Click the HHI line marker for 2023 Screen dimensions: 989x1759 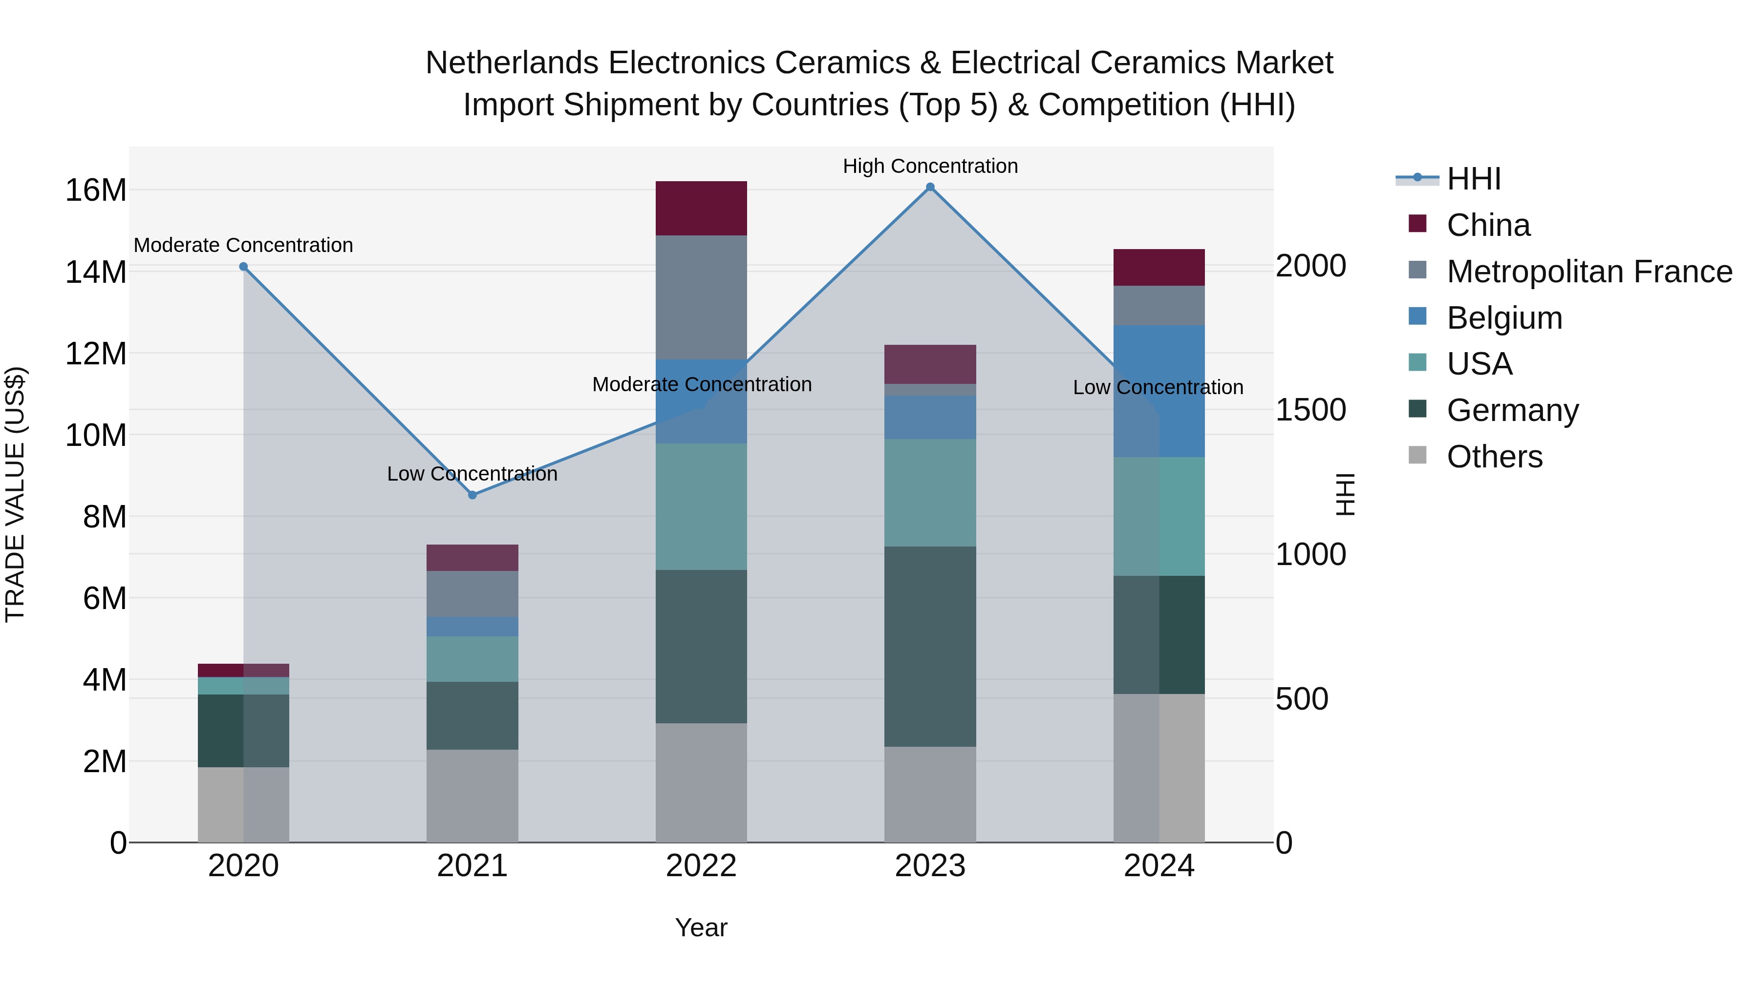click(x=930, y=187)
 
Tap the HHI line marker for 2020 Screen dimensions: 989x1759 click(x=244, y=267)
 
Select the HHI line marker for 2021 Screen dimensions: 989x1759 click(x=472, y=495)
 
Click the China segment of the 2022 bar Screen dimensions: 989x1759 click(x=701, y=208)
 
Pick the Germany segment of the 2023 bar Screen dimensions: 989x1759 click(x=930, y=646)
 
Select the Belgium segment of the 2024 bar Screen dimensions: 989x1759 click(x=1159, y=391)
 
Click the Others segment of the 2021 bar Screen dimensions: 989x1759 click(x=472, y=796)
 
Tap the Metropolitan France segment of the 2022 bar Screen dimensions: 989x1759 click(x=701, y=297)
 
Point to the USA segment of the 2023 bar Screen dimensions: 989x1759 click(x=930, y=492)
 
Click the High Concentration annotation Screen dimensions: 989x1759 click(x=930, y=167)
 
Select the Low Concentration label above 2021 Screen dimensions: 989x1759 click(x=472, y=474)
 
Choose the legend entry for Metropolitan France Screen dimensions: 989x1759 click(x=1589, y=272)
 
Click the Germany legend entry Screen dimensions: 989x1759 click(x=1512, y=410)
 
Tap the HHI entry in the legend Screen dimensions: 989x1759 click(x=1474, y=179)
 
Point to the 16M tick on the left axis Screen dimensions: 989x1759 click(x=96, y=190)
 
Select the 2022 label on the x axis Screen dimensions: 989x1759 click(x=701, y=866)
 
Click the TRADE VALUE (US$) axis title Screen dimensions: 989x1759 click(x=15, y=494)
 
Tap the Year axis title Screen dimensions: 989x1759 click(x=701, y=927)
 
